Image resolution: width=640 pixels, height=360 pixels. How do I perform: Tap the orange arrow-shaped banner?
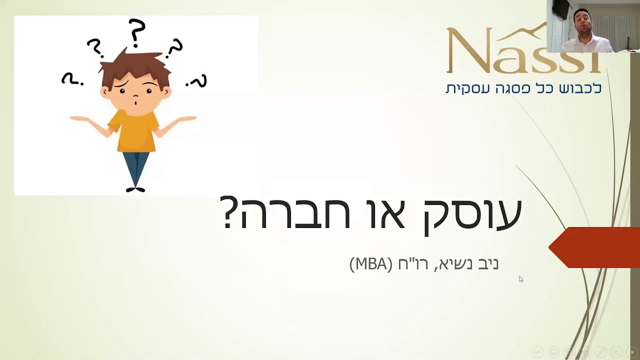tap(594, 247)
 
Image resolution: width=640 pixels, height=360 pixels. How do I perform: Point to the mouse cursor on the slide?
tap(521, 279)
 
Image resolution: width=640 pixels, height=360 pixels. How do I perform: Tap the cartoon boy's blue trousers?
tap(135, 168)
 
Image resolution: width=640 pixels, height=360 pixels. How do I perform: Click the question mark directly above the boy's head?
tap(136, 32)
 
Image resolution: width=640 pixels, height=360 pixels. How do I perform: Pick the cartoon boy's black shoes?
tap(135, 189)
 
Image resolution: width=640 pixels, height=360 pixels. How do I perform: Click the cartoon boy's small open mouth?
tap(136, 101)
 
